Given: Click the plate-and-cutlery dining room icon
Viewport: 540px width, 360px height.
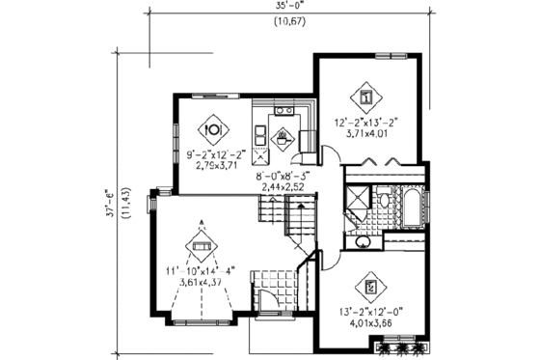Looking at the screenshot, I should point(211,127).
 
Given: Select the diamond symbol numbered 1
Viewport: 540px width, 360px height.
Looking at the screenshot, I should point(366,97).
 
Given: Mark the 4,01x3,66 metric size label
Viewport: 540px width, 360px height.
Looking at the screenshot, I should point(371,324).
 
